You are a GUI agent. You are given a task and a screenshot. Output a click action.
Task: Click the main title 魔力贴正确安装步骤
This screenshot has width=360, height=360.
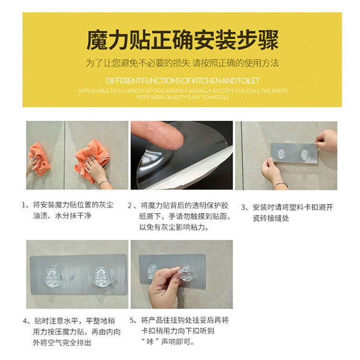coord(182,40)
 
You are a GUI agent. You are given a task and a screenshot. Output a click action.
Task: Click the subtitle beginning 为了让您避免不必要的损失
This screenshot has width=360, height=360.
coord(182,63)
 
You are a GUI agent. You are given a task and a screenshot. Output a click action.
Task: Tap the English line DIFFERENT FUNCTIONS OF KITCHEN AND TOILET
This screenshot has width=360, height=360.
coord(182,80)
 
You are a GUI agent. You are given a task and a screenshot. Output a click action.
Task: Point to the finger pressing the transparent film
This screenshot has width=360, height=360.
coord(158,135)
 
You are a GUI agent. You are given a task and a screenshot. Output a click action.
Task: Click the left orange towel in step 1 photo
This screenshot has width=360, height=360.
coord(39,158)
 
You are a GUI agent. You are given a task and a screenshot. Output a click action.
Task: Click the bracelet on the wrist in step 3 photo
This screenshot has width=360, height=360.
coord(280,184)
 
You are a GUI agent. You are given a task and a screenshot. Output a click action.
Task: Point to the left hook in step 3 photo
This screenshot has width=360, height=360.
coord(281,154)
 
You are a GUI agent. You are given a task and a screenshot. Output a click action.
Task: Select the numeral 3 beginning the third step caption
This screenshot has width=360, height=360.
coord(243,207)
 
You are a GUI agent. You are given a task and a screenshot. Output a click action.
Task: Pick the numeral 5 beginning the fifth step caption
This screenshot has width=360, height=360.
coord(132,320)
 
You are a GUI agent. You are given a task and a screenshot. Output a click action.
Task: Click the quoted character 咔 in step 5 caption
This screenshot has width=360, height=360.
coord(153,342)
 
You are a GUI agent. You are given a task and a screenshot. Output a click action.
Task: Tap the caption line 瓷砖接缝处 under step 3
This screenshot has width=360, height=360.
coord(270,219)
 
